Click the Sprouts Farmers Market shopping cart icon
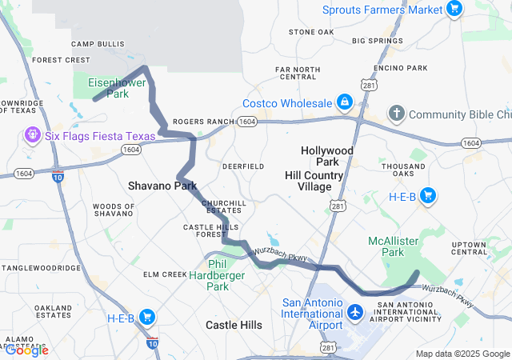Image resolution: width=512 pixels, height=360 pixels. tap(454, 10)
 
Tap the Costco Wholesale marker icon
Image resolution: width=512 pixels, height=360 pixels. tap(344, 103)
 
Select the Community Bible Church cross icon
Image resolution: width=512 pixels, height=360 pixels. tap(397, 114)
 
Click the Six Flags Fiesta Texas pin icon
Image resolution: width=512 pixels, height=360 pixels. tap(33, 135)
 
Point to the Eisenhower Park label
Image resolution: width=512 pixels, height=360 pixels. tap(108, 88)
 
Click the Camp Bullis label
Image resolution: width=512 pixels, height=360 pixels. tap(98, 44)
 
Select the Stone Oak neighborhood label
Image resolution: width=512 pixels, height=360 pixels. tap(311, 32)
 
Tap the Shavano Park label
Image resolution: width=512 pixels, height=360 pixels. tap(162, 186)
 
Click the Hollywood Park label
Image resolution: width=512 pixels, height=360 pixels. tap(326, 156)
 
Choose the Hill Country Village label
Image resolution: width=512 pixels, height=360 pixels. tap(314, 181)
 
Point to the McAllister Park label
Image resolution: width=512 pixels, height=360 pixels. tap(392, 246)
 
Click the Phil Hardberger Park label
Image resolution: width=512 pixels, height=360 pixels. tap(218, 274)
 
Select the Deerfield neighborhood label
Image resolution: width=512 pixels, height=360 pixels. tap(243, 166)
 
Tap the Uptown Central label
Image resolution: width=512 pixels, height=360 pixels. tap(480, 247)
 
